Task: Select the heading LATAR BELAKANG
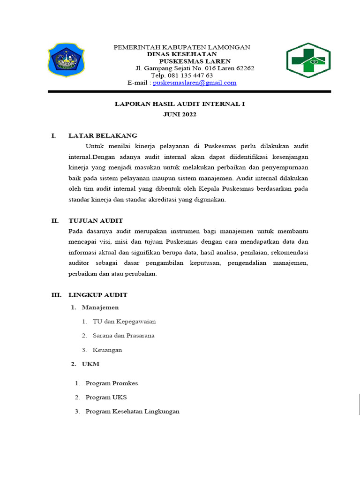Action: (103, 136)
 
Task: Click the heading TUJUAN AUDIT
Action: (96, 221)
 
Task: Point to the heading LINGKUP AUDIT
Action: (98, 295)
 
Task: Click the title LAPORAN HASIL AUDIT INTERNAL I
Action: (180, 104)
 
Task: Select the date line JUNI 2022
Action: (180, 114)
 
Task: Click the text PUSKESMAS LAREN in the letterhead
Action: (195, 61)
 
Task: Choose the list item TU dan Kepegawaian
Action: (124, 322)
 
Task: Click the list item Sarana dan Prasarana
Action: (124, 336)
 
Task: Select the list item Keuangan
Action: (107, 350)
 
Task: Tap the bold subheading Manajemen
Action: (100, 307)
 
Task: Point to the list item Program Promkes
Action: (112, 383)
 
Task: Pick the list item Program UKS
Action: (106, 397)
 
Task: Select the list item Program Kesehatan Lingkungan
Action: (133, 412)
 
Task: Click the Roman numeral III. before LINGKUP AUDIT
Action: (56, 295)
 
